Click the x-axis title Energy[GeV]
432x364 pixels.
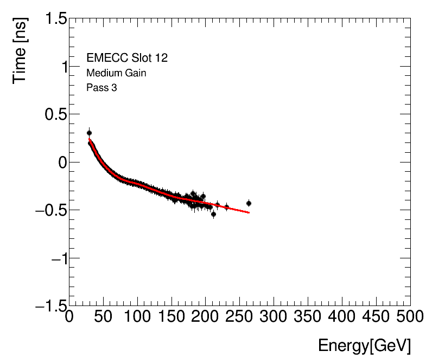[x=364, y=346]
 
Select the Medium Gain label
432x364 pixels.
[x=116, y=73]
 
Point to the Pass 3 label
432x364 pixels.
[x=101, y=88]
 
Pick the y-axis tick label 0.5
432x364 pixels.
[x=53, y=115]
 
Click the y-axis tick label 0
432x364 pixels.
[x=61, y=162]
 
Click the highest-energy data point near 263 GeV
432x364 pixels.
[x=249, y=203]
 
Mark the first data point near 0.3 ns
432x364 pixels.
[x=90, y=133]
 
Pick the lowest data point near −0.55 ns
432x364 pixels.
[x=214, y=214]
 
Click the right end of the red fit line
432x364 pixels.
[x=249, y=212]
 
